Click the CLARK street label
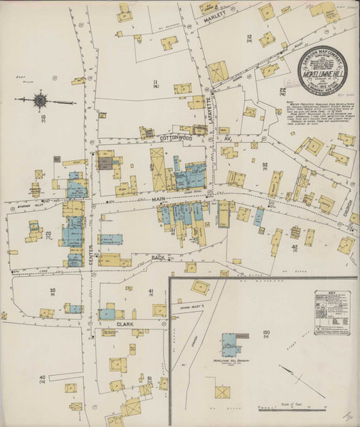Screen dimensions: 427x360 point(125,324)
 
